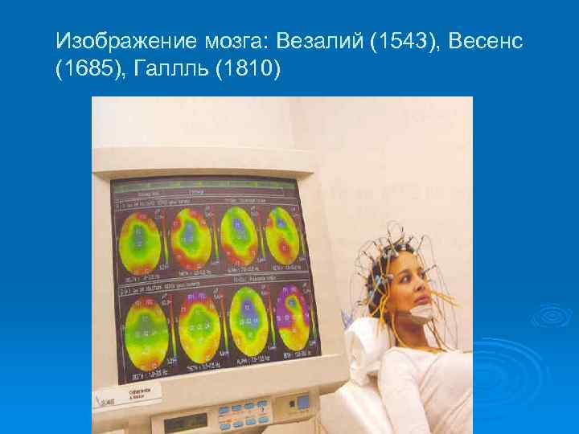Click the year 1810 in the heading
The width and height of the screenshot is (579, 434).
click(x=252, y=71)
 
